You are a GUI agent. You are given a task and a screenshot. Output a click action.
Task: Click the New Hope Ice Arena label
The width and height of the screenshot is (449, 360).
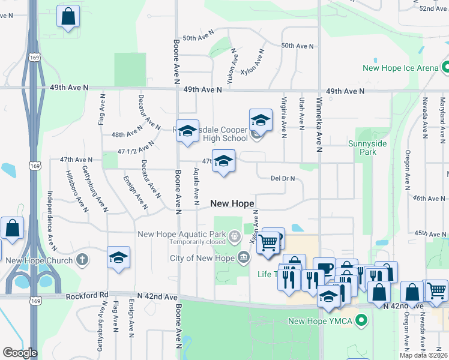point(400,68)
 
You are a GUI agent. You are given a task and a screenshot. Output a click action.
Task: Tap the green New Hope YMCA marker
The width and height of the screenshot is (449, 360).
point(361,321)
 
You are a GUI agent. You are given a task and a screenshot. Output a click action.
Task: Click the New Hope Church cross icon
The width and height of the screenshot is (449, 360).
point(83,260)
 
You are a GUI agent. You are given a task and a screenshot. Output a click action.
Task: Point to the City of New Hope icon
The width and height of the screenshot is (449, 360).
point(244,259)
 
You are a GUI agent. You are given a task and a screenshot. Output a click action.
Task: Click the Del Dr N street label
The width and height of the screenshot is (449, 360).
point(286,178)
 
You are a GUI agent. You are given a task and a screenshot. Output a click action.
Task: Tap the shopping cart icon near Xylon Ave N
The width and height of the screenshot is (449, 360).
point(268,242)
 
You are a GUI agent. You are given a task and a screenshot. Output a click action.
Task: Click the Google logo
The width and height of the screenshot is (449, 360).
point(20,353)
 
